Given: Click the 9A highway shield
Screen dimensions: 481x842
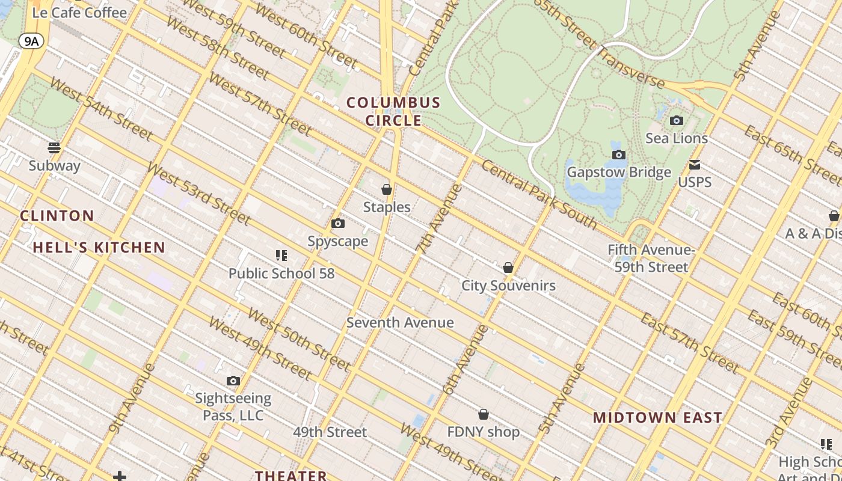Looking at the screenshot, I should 31,41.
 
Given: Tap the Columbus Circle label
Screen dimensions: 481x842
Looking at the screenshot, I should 394,112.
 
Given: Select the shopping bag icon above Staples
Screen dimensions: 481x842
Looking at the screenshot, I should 387,189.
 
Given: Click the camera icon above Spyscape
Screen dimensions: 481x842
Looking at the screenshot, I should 338,224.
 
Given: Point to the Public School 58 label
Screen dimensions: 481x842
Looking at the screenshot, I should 281,274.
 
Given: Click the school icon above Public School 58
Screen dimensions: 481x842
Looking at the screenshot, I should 281,256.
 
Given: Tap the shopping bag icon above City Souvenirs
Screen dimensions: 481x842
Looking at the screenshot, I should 508,268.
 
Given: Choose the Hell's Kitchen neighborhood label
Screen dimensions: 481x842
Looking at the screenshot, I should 99,247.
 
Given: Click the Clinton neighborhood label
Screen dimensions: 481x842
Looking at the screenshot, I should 57,216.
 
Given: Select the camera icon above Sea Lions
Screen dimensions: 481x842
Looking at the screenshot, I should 677,121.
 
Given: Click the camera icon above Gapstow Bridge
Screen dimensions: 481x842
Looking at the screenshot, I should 619,155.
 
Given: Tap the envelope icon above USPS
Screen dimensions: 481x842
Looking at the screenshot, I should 695,165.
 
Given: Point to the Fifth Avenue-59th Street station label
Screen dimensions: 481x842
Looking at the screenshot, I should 651,259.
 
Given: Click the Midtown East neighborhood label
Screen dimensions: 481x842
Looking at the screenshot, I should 657,418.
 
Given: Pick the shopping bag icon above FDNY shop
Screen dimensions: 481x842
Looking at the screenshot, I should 484,414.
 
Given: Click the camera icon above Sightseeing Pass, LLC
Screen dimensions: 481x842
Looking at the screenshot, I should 233,381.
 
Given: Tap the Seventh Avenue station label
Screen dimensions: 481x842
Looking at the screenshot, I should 400,323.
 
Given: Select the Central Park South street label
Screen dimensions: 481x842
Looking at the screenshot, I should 539,195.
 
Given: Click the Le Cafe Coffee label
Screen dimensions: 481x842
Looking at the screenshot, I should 79,13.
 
